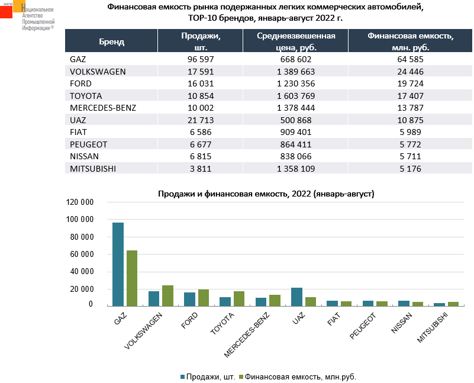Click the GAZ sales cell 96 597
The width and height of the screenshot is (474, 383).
(x=199, y=59)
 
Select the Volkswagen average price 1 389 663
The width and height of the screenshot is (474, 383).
(x=295, y=72)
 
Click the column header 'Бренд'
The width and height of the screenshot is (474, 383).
(x=112, y=41)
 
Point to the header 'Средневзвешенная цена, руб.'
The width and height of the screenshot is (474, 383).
(x=296, y=41)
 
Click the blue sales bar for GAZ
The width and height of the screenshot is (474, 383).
(x=118, y=264)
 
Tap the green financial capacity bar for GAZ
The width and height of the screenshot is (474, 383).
(x=131, y=278)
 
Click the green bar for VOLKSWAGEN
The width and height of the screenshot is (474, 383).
(x=167, y=295)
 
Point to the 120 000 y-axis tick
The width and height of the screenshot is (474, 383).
(x=80, y=202)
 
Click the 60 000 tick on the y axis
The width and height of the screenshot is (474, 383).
(x=80, y=255)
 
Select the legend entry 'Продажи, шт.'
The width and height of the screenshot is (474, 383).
(x=210, y=376)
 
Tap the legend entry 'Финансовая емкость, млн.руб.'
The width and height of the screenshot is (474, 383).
(x=300, y=376)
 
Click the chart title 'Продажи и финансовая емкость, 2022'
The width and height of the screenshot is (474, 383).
(x=266, y=194)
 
